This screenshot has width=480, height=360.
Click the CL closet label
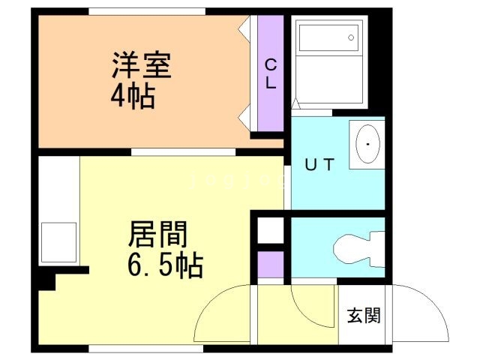[x=271, y=74]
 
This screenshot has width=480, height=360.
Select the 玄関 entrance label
[x=363, y=316]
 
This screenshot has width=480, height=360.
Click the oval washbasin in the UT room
[x=368, y=142]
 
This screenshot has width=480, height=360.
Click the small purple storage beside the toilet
[x=271, y=263]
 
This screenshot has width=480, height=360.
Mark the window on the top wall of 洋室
[x=146, y=11]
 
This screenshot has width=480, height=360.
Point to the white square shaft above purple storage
[x=271, y=230]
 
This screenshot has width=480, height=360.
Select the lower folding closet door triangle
[x=244, y=118]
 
